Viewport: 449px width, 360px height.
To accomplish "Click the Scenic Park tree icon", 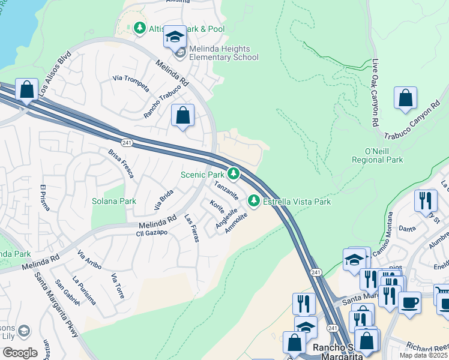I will pyautogui.click(x=233, y=174).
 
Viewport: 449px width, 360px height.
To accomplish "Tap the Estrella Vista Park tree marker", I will pyautogui.click(x=254, y=201).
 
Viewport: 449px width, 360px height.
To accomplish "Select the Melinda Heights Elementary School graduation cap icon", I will pyautogui.click(x=175, y=37).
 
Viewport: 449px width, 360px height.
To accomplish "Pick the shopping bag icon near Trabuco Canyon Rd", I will pyautogui.click(x=406, y=98).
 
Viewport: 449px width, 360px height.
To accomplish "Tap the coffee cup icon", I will pyautogui.click(x=409, y=302).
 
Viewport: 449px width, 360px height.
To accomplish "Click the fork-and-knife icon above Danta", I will pyautogui.click(x=426, y=202).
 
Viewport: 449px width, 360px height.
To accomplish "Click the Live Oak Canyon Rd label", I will pyautogui.click(x=375, y=92).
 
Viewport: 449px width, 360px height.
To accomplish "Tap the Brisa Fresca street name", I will pyautogui.click(x=121, y=163).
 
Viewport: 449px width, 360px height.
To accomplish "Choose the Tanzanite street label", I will pyautogui.click(x=226, y=191).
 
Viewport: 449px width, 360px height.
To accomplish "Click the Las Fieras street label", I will pyautogui.click(x=191, y=228).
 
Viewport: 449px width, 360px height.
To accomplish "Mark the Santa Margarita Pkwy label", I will pyautogui.click(x=56, y=305).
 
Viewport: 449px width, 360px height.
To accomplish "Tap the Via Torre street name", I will pyautogui.click(x=118, y=286).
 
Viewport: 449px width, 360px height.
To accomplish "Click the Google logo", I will pyautogui.click(x=20, y=353).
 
